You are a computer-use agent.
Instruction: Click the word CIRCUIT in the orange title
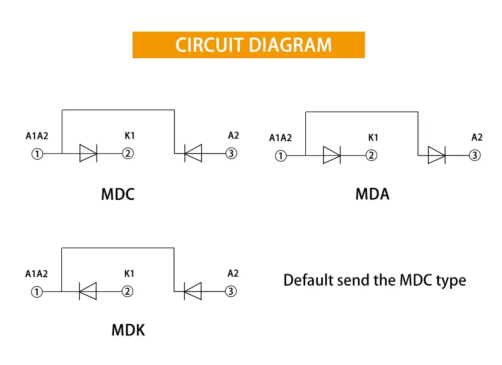[x=209, y=45]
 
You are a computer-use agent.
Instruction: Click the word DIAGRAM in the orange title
[x=290, y=45]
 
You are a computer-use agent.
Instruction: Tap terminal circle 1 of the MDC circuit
[x=37, y=154]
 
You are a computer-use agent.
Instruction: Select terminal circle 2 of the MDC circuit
[x=128, y=153]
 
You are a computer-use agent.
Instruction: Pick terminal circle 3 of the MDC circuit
[x=231, y=153]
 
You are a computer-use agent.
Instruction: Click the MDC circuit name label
[x=118, y=194]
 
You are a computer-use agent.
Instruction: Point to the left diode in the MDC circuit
[x=88, y=153]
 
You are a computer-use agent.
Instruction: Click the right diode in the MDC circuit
[x=193, y=153]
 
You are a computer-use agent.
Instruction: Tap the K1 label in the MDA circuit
[x=373, y=138]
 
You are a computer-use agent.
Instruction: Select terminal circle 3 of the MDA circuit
[x=475, y=155]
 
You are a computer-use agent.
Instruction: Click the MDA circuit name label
[x=372, y=194]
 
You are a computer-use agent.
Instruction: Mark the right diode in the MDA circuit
[x=437, y=155]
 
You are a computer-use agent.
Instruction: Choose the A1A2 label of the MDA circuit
[x=281, y=138]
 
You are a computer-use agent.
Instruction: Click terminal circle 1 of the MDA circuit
[x=281, y=156]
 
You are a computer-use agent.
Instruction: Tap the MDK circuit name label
[x=128, y=330]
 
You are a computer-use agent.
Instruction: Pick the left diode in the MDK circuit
[x=88, y=291]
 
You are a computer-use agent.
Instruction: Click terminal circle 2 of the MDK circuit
[x=128, y=291]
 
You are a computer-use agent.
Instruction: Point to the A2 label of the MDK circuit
[x=233, y=274]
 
